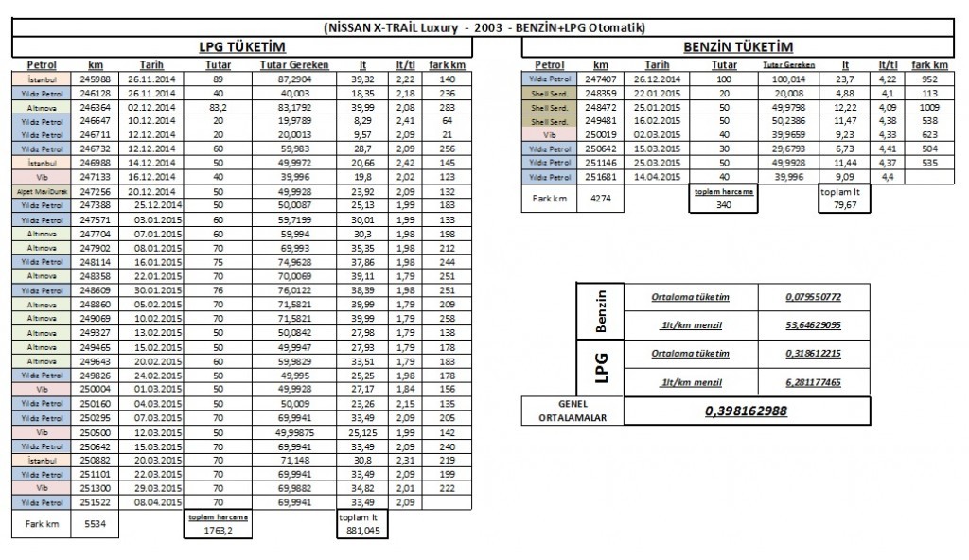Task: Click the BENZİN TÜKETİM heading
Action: [x=737, y=47]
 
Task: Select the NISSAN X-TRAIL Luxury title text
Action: [x=484, y=27]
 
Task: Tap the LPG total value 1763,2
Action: [x=206, y=532]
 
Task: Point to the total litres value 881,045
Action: [x=359, y=532]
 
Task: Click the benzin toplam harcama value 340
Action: [x=724, y=205]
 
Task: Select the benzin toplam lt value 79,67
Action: [x=845, y=205]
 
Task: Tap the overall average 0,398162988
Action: [x=747, y=411]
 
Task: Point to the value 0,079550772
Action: [x=813, y=298]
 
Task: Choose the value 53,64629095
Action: [x=813, y=325]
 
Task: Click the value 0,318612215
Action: [x=813, y=355]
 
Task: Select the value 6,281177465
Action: [x=813, y=382]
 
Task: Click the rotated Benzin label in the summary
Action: [x=601, y=311]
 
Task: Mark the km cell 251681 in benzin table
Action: [x=601, y=177]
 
